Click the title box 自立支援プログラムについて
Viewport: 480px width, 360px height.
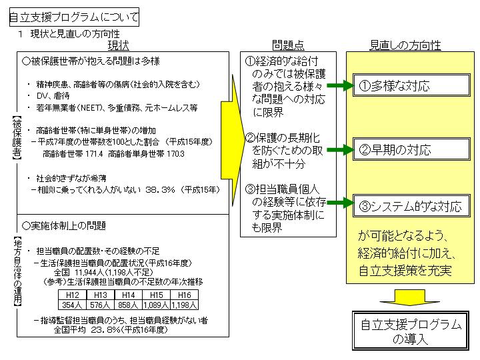click(x=74, y=17)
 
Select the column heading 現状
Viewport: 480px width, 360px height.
click(x=118, y=45)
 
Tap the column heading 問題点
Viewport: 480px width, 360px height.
click(x=288, y=45)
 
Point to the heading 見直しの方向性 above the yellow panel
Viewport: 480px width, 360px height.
click(x=405, y=45)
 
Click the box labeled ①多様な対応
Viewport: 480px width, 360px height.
click(x=411, y=85)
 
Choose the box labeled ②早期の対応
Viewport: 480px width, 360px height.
click(x=411, y=149)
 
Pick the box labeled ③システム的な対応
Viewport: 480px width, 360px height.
click(x=411, y=206)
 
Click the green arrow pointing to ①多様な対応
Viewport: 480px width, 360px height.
click(x=340, y=85)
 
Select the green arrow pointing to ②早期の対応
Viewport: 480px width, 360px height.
click(x=340, y=150)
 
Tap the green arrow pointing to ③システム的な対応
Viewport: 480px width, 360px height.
click(x=340, y=203)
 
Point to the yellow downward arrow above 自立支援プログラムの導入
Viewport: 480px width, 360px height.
click(x=410, y=297)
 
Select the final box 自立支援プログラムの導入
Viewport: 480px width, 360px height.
click(x=411, y=331)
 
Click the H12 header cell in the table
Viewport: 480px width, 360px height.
click(x=73, y=295)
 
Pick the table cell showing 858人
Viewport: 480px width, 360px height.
click(x=128, y=305)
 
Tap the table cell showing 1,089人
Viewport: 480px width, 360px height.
click(x=157, y=305)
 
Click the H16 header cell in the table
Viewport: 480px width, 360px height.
click(x=184, y=295)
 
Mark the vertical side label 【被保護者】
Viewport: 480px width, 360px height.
click(x=17, y=138)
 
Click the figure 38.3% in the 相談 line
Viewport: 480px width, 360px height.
click(x=160, y=190)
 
